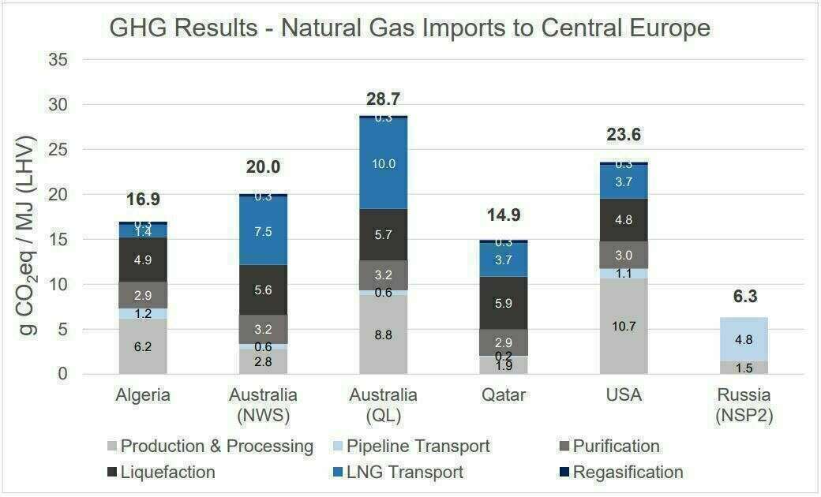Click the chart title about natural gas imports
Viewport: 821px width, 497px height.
click(410, 28)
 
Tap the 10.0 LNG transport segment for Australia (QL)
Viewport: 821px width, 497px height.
click(384, 163)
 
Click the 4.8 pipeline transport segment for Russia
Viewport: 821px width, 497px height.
click(744, 339)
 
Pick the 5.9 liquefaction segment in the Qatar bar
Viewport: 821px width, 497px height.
click(504, 303)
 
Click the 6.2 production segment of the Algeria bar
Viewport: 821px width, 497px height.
click(143, 346)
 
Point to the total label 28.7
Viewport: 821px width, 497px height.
click(384, 99)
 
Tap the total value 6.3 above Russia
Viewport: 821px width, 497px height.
click(744, 297)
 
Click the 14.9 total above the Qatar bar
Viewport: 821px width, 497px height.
click(504, 215)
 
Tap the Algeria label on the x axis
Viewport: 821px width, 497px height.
click(143, 394)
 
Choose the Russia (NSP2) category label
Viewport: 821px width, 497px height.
click(744, 405)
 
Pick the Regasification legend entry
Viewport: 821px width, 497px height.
click(628, 473)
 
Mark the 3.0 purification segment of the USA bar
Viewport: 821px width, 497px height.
click(624, 255)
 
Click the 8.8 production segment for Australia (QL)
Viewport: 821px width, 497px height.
click(384, 334)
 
